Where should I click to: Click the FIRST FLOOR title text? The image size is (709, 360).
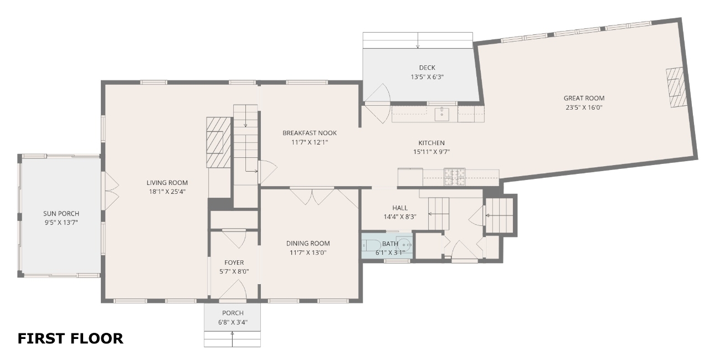point(70,338)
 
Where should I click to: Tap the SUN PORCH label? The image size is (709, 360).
point(61,214)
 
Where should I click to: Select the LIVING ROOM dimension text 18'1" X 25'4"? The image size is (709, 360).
point(167,192)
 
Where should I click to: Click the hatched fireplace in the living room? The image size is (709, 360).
point(218,142)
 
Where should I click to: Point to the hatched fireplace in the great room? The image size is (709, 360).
point(676,88)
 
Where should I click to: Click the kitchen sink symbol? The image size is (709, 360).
point(441,114)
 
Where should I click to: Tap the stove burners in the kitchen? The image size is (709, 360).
point(455,177)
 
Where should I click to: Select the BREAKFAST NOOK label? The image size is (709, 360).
point(310,133)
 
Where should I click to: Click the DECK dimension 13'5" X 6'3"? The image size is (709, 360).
point(427,77)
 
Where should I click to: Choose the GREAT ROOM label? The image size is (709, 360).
point(584,98)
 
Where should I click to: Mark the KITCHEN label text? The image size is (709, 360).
point(431,143)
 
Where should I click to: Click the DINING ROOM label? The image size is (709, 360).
point(308,243)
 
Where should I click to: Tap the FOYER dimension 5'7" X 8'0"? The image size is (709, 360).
point(234,271)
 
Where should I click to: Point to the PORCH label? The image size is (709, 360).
point(233,313)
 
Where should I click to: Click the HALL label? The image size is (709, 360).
point(400,208)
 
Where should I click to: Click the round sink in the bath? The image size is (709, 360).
point(404,245)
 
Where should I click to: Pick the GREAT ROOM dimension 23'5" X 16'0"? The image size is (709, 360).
point(584,107)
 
